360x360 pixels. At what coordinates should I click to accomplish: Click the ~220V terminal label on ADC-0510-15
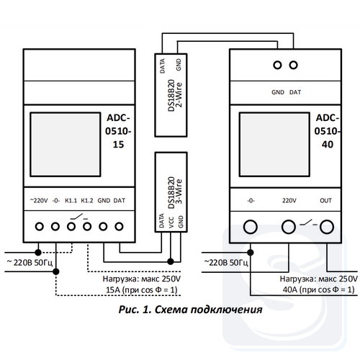pos(39,200)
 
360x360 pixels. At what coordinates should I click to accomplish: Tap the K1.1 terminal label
pos(71,200)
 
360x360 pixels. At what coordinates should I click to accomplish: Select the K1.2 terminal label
pos(87,200)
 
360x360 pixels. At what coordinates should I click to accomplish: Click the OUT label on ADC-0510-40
pos(325,200)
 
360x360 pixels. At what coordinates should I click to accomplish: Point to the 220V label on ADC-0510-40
pos(289,200)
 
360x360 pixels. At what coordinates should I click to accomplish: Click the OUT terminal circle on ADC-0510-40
pos(327,227)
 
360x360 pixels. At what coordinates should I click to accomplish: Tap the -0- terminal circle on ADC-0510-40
pos(251,227)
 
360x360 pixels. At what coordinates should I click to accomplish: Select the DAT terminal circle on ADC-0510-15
pos(119,226)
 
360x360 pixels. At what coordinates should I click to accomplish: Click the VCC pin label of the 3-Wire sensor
pos(171,222)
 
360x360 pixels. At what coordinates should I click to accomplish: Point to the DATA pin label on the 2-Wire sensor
pos(162,66)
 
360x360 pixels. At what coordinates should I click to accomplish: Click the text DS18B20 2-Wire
pos(175,95)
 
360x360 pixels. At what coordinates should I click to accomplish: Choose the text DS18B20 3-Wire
pos(175,193)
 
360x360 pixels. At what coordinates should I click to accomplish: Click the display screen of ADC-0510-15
pos(66,145)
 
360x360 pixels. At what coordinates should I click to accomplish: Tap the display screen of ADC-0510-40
pos(274,145)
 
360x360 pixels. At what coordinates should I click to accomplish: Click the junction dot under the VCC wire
pos(171,261)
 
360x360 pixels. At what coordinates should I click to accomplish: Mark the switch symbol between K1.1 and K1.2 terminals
pos(79,217)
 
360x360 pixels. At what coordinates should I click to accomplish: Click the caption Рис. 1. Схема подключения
pos(190,310)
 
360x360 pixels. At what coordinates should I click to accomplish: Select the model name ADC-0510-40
pos(328,131)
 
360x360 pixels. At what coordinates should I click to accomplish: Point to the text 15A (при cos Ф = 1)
pos(142,290)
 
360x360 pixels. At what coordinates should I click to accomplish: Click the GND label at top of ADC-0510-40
pos(278,92)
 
